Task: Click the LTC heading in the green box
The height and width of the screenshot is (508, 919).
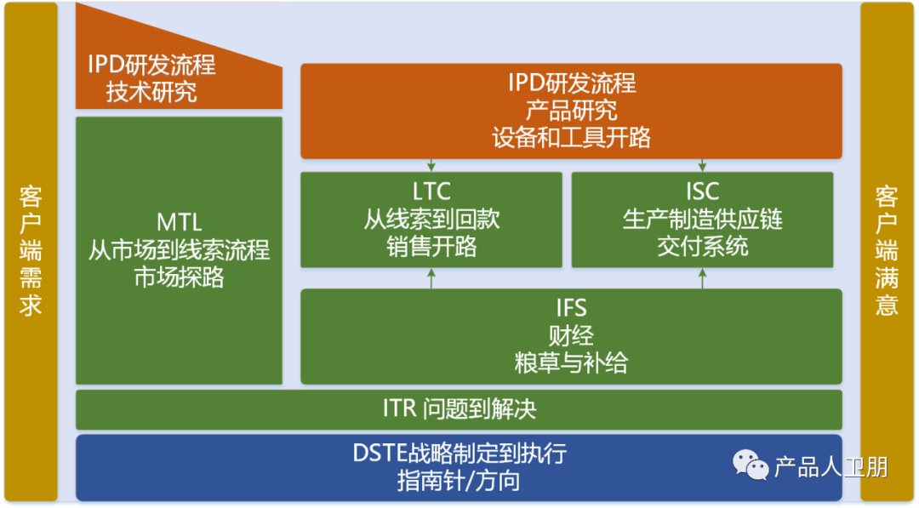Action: [431, 191]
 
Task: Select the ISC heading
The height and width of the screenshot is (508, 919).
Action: [702, 191]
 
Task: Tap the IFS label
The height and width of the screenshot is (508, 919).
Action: [571, 307]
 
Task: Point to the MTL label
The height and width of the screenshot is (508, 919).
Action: [180, 223]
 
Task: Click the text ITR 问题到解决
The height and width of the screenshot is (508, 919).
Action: [459, 409]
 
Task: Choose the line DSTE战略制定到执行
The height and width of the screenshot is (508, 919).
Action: [459, 454]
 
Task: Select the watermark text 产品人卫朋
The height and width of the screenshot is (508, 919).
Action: [831, 466]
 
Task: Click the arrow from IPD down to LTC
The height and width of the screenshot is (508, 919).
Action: [431, 165]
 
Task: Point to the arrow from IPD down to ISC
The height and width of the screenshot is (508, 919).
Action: [702, 165]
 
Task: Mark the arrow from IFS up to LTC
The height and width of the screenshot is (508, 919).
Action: [431, 278]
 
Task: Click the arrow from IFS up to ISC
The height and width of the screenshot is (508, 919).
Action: [702, 278]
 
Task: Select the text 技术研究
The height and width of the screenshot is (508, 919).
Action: [151, 92]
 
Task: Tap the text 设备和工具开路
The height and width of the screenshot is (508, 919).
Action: [571, 137]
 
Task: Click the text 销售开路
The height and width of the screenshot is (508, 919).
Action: [431, 247]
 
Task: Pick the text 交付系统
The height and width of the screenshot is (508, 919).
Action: [702, 247]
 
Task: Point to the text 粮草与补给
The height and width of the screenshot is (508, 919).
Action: [571, 362]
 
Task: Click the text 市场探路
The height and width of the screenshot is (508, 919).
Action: [180, 277]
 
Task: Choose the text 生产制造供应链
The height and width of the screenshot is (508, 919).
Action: [702, 220]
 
